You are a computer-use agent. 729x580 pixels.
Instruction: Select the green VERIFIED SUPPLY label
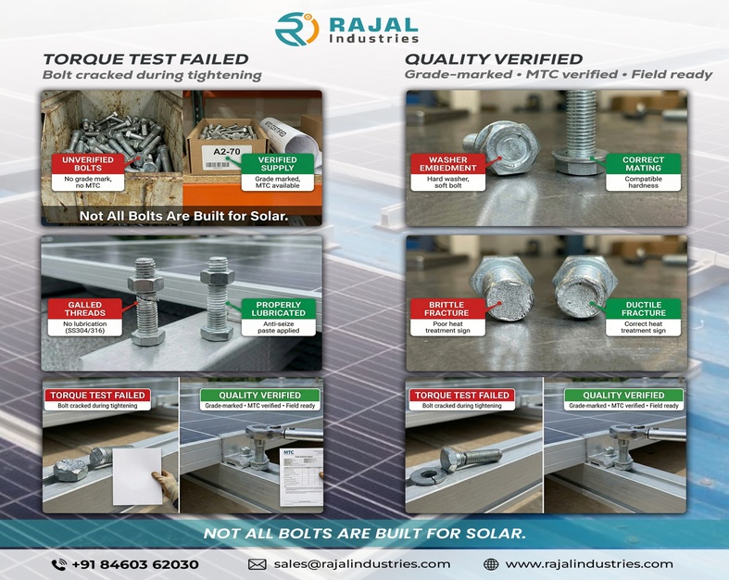coord(278,164)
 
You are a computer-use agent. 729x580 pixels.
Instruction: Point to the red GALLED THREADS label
coord(85,309)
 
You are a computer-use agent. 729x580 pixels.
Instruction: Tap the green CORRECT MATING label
coord(643,164)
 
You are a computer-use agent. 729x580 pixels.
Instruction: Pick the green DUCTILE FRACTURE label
coord(643,309)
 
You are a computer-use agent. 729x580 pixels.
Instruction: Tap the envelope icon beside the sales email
coord(258,563)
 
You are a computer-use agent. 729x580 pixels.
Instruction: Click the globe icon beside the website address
coord(491,563)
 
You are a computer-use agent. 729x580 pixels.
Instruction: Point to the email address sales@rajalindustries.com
coord(361,563)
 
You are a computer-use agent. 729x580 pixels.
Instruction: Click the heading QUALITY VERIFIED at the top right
coord(494,59)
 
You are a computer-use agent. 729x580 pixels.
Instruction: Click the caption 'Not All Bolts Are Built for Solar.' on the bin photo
coord(182,217)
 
